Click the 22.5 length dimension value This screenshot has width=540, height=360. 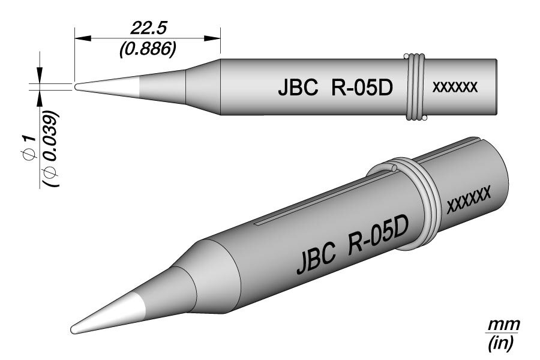click(x=148, y=29)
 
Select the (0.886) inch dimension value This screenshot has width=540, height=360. click(x=148, y=49)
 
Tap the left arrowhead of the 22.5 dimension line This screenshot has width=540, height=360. click(x=83, y=38)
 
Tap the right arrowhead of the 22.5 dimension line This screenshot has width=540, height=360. click(x=212, y=38)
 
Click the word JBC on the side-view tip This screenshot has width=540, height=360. click(x=298, y=88)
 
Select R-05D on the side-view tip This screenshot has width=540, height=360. click(x=362, y=88)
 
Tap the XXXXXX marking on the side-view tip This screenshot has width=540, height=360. click(x=455, y=87)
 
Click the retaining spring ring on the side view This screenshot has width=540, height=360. click(x=415, y=87)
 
